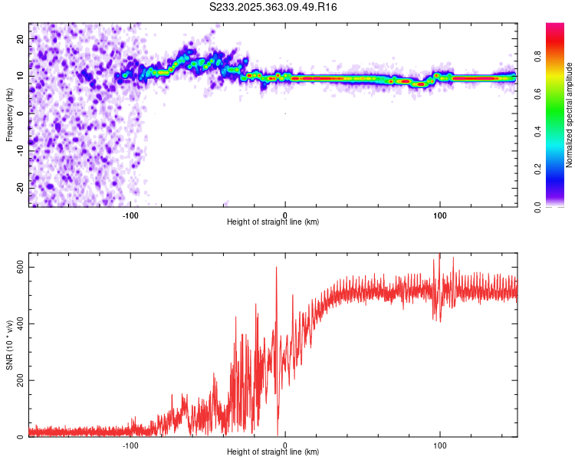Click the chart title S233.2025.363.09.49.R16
[274, 7]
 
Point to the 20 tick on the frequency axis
[20, 39]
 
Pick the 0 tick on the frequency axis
[20, 113]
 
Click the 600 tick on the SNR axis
[20, 267]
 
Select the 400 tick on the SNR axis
[20, 324]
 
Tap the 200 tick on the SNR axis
[20, 380]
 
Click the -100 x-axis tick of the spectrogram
[130, 215]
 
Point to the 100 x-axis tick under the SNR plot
[440, 445]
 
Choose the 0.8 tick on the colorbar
[560, 55]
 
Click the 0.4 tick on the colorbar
[560, 131]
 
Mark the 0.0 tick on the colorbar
[560, 206]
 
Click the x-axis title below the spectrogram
[273, 222]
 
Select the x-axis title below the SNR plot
[273, 452]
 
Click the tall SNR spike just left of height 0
[277, 268]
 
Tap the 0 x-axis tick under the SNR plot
[285, 445]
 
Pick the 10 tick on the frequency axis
[20, 77]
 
